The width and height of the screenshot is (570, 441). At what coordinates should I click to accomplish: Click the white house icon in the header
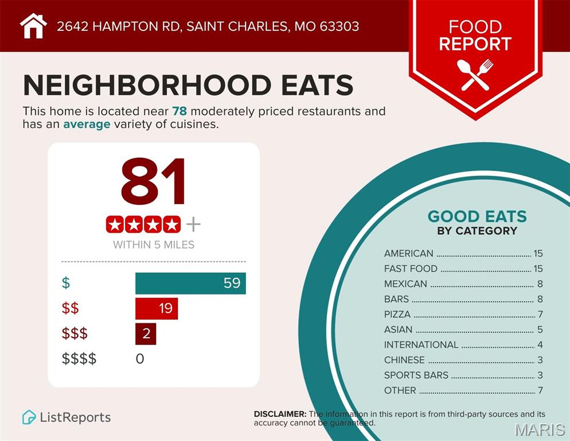33,26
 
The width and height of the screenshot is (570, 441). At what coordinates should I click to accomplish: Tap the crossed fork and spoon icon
475,74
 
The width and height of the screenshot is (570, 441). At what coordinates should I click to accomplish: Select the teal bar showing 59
190,283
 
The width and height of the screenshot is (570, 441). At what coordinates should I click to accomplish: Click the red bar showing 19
157,308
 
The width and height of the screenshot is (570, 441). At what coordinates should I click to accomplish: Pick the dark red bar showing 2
146,334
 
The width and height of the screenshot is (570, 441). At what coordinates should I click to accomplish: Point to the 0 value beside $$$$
140,359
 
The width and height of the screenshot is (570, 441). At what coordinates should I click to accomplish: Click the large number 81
154,181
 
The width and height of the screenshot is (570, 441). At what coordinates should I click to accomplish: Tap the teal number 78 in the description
179,111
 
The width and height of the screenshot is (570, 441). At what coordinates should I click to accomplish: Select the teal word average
87,124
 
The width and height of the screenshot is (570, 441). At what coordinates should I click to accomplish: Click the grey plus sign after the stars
193,224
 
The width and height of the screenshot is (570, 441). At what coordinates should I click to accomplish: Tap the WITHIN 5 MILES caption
154,245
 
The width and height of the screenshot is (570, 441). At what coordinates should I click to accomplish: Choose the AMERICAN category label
409,253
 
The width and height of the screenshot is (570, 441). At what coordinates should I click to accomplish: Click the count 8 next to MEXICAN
540,284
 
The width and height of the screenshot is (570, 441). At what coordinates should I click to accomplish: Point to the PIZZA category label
397,314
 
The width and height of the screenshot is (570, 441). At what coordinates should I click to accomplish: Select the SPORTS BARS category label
416,375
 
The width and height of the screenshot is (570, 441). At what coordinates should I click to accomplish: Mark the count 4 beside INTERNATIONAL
540,345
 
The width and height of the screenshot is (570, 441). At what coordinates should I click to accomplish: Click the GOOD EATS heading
477,216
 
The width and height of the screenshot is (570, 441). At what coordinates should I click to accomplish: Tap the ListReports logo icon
29,417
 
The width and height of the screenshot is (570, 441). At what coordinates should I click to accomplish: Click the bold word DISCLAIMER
280,414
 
